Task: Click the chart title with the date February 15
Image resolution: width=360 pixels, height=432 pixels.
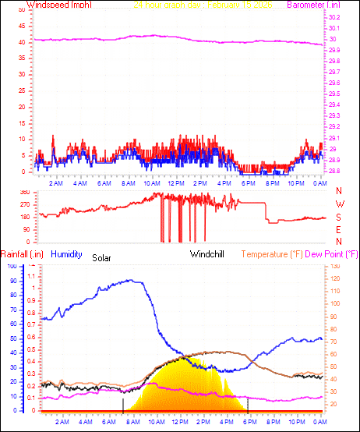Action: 198,5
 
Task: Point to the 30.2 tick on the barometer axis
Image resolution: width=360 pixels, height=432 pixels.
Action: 334,17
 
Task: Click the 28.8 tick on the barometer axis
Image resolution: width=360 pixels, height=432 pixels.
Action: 334,170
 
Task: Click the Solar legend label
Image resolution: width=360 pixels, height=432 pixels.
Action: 102,257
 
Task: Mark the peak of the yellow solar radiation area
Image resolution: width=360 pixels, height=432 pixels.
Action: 182,358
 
